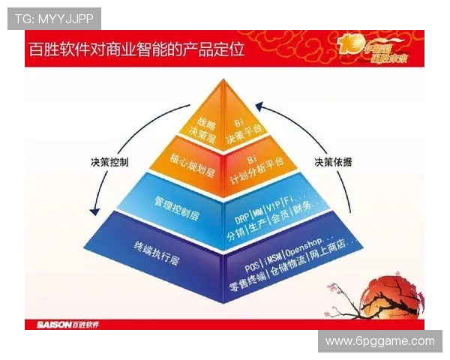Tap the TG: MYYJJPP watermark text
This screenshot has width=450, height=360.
(53, 18)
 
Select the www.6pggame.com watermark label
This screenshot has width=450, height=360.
(379, 341)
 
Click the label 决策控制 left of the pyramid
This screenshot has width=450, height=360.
(109, 160)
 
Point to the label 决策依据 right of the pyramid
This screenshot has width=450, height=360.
(334, 160)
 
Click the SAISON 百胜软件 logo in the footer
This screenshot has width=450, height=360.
(67, 325)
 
